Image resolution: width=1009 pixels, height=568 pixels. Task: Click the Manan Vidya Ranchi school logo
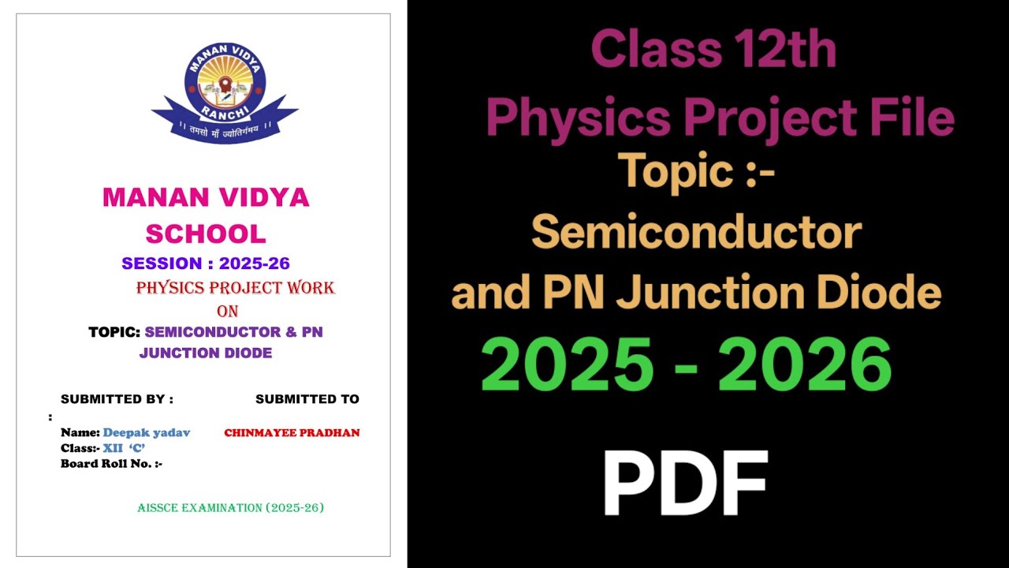click(225, 91)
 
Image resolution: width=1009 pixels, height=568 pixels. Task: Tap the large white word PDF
click(685, 484)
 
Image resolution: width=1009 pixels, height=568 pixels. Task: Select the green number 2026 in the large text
click(805, 365)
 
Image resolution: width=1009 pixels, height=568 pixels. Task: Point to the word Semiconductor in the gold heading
click(696, 233)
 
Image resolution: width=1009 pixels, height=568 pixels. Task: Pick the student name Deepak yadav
click(147, 432)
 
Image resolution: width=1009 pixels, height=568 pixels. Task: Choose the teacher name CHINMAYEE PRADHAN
click(292, 433)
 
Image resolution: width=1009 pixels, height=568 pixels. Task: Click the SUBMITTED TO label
click(307, 399)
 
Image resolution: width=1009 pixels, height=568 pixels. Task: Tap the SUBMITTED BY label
click(117, 399)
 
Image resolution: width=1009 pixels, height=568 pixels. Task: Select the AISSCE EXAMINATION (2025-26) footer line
click(230, 507)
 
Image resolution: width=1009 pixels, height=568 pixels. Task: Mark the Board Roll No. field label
click(111, 464)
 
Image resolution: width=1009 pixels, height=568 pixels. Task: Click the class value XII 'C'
click(124, 448)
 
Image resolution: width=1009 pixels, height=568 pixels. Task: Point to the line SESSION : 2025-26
click(206, 263)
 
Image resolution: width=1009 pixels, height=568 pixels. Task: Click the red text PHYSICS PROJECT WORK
click(235, 288)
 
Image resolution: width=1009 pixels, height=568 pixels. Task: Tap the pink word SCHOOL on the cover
click(206, 234)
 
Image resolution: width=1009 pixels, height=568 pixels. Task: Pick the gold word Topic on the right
click(674, 170)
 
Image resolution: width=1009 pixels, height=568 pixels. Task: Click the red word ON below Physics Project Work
click(227, 312)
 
